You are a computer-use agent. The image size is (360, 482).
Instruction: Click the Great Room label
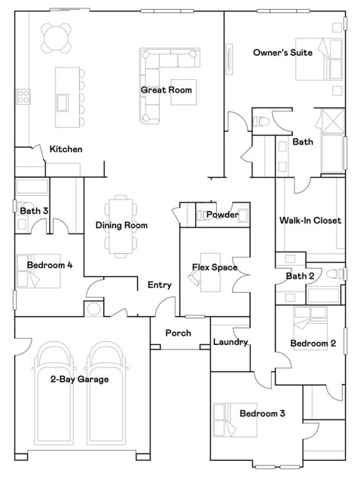[x=166, y=90]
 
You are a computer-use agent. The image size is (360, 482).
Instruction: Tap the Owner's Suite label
[x=282, y=53]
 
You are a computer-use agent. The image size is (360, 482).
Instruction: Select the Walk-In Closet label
[x=310, y=220]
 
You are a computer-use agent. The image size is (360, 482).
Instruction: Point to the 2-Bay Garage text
[x=80, y=379]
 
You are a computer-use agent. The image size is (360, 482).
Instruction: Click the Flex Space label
[x=215, y=267]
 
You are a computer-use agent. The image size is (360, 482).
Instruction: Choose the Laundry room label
[x=230, y=342]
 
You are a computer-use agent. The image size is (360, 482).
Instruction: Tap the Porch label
[x=178, y=333]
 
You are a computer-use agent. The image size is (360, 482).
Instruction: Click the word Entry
[x=160, y=285]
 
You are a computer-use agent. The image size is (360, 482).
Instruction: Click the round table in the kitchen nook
[x=56, y=38]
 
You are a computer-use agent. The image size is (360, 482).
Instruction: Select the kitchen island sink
[x=63, y=102]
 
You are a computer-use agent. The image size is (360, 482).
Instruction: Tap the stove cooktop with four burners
[x=23, y=96]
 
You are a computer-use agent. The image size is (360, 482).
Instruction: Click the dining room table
[x=121, y=226]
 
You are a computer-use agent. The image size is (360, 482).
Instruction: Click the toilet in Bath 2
[x=334, y=273]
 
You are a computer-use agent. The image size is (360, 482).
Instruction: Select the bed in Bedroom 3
[x=235, y=420]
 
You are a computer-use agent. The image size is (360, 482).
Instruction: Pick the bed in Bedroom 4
[x=38, y=271]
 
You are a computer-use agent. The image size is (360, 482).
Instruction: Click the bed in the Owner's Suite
[x=319, y=59]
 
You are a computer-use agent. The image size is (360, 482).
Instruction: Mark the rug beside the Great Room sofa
[x=184, y=92]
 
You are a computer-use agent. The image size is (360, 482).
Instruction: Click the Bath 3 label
[x=34, y=211]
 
